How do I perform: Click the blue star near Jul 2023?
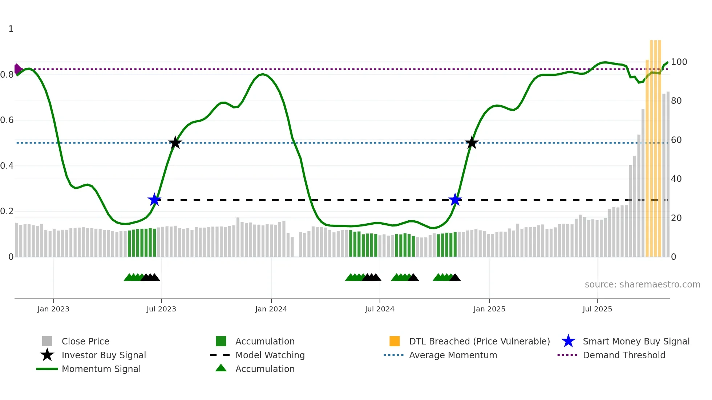(x=154, y=200)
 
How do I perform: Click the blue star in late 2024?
(x=455, y=200)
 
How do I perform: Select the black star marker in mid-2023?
(x=175, y=143)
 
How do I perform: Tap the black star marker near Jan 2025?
(x=472, y=143)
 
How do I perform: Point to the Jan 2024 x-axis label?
(x=271, y=309)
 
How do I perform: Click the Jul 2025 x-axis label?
(x=597, y=309)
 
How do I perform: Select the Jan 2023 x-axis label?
(x=53, y=309)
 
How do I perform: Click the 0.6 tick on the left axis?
(x=7, y=120)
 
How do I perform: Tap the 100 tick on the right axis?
(x=679, y=62)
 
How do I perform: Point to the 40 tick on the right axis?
(x=676, y=179)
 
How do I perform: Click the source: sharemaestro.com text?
(x=642, y=285)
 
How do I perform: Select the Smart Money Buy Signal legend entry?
(x=636, y=341)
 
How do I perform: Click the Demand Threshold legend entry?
(x=624, y=355)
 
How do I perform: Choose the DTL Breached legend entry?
(x=479, y=341)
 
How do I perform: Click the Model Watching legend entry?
(x=270, y=355)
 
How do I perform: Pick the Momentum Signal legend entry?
(x=101, y=369)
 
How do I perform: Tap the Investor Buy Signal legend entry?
(x=104, y=355)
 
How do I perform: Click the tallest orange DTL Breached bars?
(x=655, y=145)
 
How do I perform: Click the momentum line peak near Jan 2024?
(x=263, y=74)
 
